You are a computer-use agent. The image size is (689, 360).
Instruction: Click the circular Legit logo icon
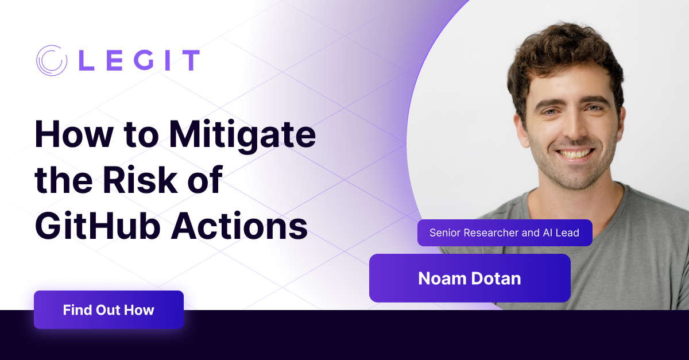coord(51,60)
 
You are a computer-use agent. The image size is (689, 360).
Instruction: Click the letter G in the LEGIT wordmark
coord(144,60)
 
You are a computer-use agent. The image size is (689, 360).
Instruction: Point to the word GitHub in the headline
coord(98,225)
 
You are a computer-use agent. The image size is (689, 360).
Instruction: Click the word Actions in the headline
coord(239,225)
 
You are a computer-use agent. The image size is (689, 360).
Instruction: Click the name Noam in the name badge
coord(442,278)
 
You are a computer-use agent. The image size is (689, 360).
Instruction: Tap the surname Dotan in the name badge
coord(496,278)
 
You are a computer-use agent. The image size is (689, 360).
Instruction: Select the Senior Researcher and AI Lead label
coord(505,233)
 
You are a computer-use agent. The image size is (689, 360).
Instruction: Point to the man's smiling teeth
coord(575,153)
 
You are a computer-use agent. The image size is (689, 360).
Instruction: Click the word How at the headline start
coord(74,135)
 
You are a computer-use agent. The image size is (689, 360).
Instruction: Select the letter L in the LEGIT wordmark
coord(87,60)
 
